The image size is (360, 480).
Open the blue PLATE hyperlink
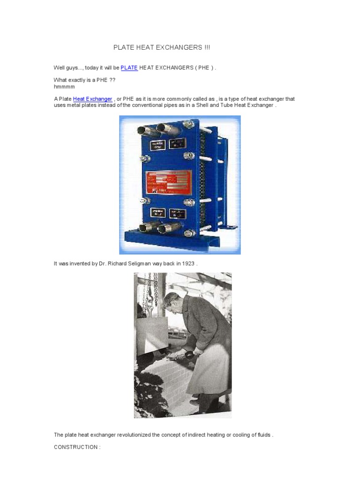(x=129, y=68)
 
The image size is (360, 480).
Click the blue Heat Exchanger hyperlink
(x=93, y=99)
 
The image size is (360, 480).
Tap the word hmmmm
(x=64, y=87)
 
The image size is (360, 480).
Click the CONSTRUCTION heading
(x=77, y=447)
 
